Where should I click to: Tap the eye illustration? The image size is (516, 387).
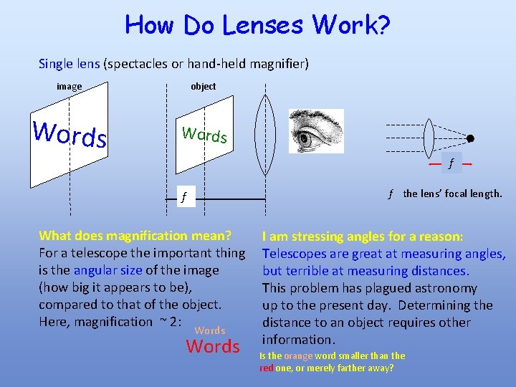(316, 131)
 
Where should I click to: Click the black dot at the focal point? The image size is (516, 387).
(471, 139)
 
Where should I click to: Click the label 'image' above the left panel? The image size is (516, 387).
(70, 87)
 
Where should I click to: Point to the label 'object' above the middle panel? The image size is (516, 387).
(203, 87)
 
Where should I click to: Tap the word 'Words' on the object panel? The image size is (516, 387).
(204, 134)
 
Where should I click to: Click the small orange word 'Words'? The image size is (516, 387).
(210, 330)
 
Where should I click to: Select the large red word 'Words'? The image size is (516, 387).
(213, 347)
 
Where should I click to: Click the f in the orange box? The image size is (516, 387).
(451, 164)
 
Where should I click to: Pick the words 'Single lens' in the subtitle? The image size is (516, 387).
(70, 64)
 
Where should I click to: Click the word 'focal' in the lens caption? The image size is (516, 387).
(454, 193)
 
